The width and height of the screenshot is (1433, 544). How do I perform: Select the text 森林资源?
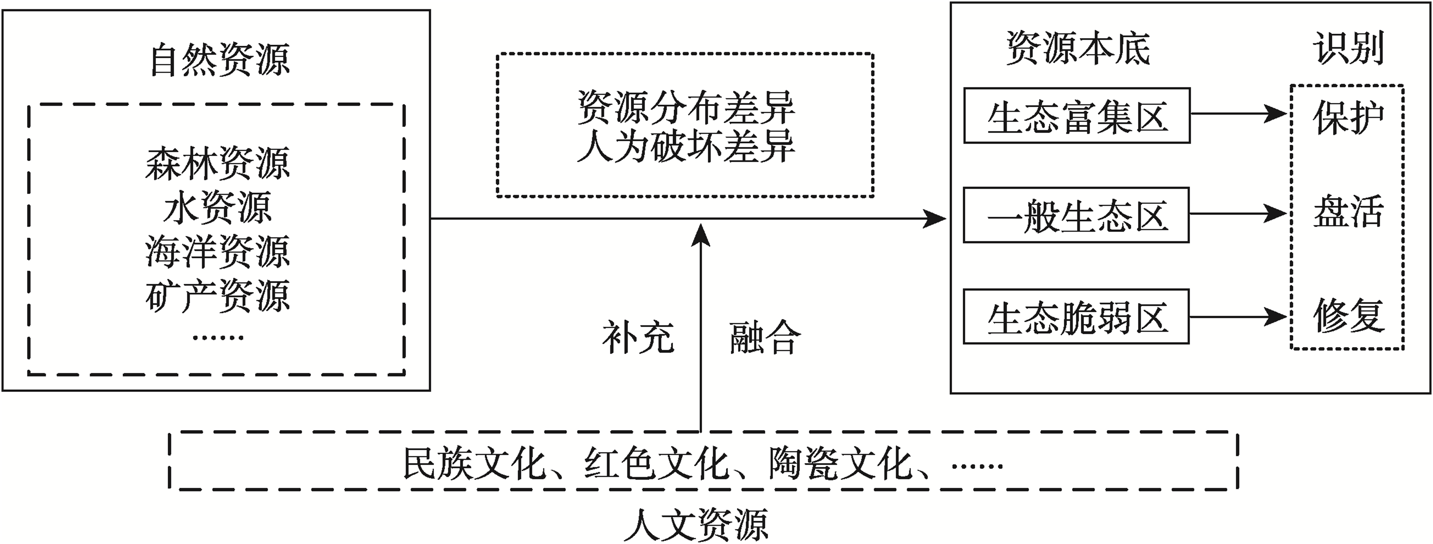217,163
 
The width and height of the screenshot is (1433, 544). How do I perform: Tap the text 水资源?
217,207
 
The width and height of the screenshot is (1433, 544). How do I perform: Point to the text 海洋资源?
217,251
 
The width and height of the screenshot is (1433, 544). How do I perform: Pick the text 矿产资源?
217,295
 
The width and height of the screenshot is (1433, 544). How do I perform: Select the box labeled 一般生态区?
1076,215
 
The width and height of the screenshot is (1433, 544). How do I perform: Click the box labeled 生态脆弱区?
1076,316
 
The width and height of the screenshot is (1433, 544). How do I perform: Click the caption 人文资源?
697,524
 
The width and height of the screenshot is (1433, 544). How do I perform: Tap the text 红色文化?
656,463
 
